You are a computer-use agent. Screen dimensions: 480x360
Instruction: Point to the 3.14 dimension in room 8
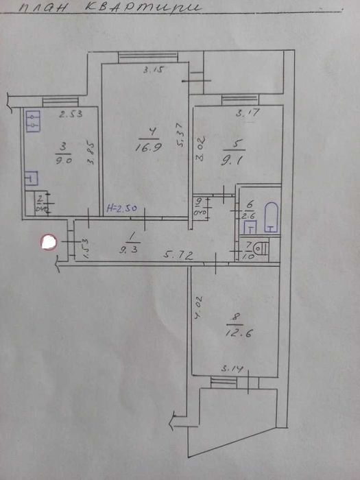click(230, 370)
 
